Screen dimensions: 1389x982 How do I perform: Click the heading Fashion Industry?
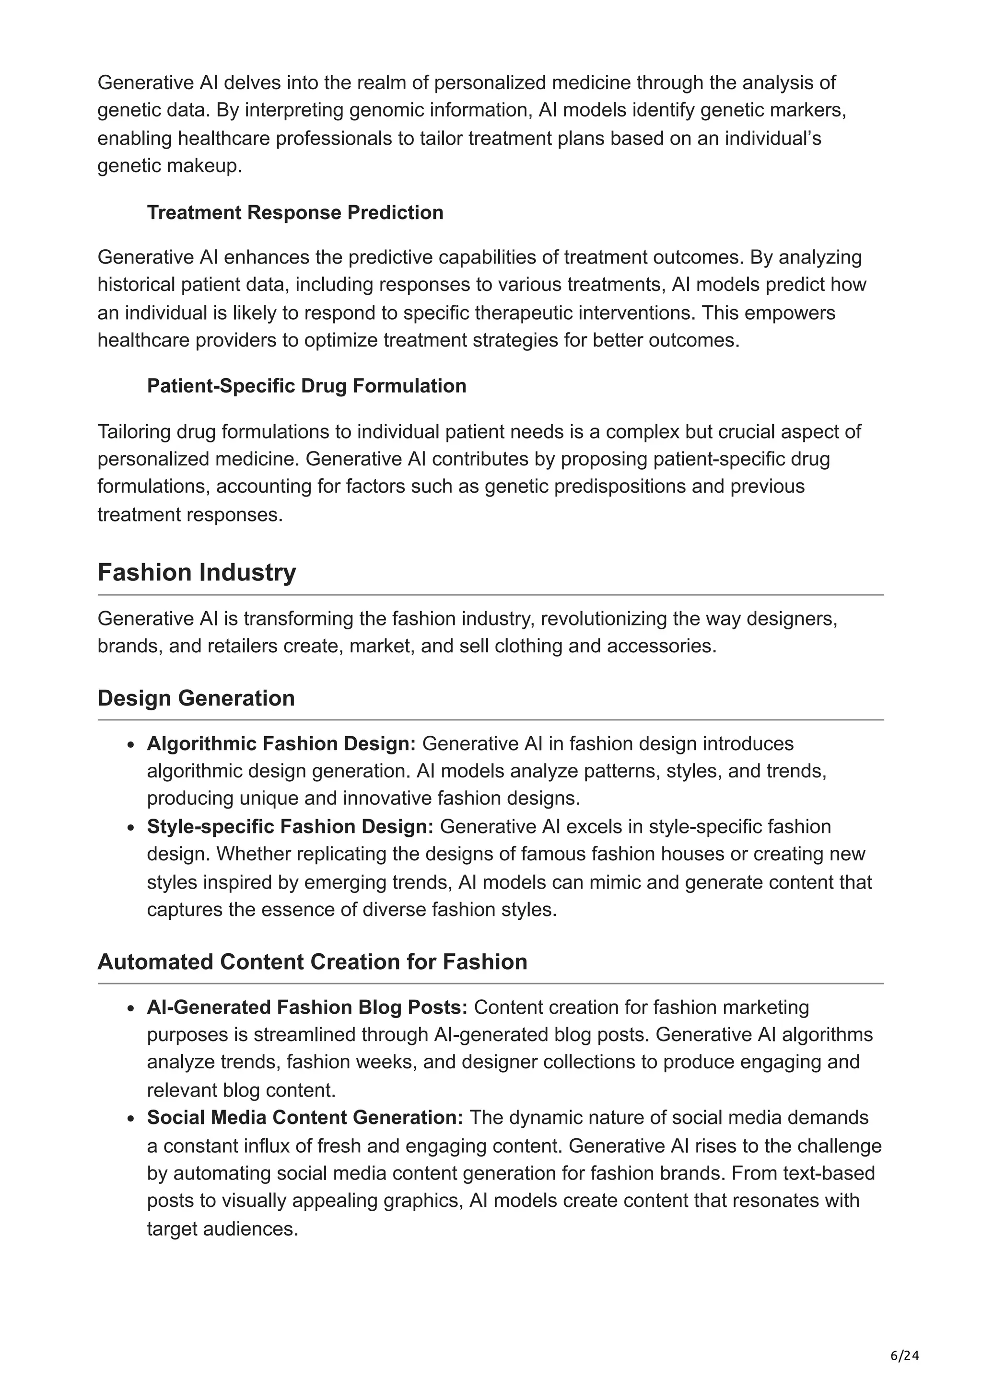tap(197, 572)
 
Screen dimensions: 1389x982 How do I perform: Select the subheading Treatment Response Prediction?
tap(295, 212)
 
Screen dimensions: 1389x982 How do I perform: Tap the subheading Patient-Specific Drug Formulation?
tap(306, 386)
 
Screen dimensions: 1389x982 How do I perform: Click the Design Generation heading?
tap(196, 698)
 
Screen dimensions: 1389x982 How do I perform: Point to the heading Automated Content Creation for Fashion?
tap(312, 962)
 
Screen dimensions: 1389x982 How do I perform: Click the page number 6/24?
tap(904, 1356)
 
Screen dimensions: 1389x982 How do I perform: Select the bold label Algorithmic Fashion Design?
tap(281, 743)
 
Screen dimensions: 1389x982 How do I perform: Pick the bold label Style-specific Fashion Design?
tap(290, 826)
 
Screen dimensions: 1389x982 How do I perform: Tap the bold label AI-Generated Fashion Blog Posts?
tap(307, 1007)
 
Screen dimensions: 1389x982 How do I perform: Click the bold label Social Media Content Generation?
tap(305, 1117)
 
